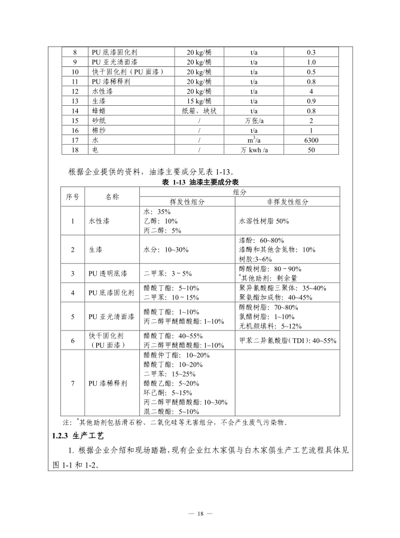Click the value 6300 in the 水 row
coord(312,140)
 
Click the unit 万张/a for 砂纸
coord(254,121)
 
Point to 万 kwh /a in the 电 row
coord(254,150)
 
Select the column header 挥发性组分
coord(187,202)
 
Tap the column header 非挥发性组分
coord(288,202)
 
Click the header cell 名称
coord(112,197)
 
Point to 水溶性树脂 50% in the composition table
coord(264,221)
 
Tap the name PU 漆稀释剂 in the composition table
coord(108,383)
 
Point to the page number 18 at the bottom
coord(200,513)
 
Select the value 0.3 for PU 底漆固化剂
coord(312,53)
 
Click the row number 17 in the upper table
coord(75,140)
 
